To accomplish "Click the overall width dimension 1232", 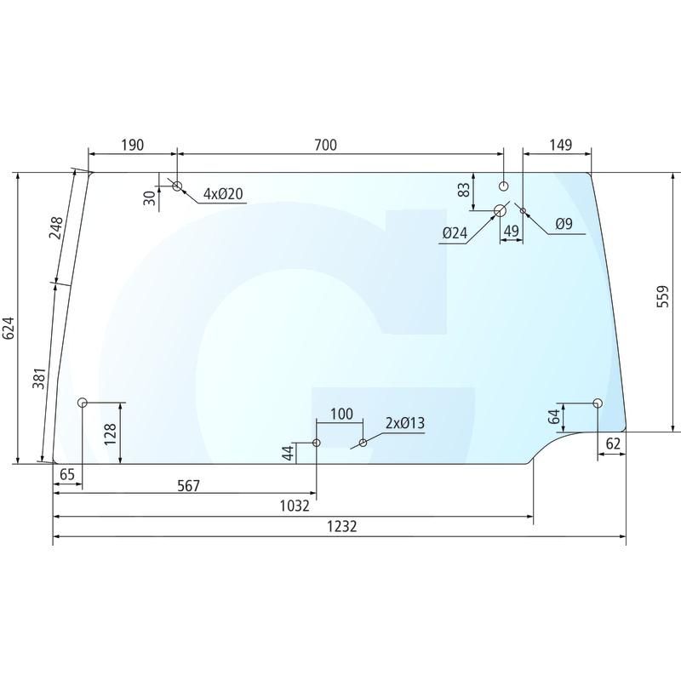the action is click(x=342, y=526).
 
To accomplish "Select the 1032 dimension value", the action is click(x=295, y=506).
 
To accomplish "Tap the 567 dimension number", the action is click(x=188, y=485).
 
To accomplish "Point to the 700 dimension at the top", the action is click(x=325, y=145).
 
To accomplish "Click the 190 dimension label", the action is click(x=132, y=145).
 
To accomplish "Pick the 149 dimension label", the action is click(x=561, y=145).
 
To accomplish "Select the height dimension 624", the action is click(x=9, y=329).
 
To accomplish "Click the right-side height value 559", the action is click(x=663, y=296).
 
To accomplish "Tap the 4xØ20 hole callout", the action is click(x=223, y=194).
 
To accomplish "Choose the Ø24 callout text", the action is click(x=455, y=233).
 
